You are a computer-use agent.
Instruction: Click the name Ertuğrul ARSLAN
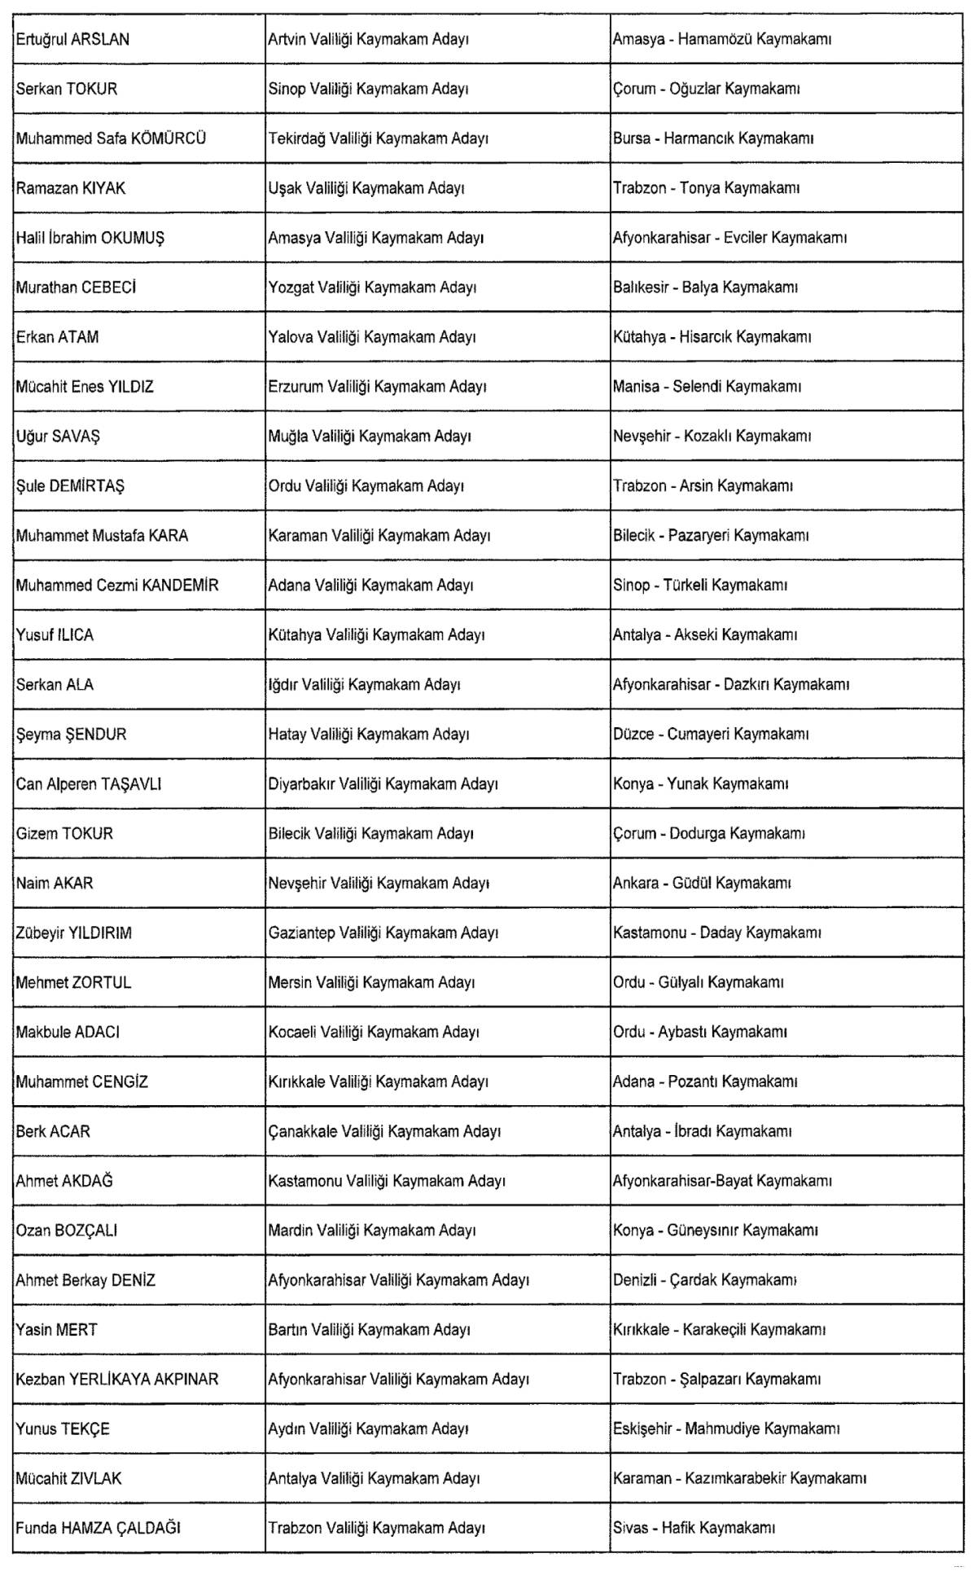[x=72, y=40]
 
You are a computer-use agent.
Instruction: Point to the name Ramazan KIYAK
[x=71, y=189]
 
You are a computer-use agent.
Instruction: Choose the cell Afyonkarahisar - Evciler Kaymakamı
[x=729, y=239]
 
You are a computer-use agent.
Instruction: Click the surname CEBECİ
[x=109, y=288]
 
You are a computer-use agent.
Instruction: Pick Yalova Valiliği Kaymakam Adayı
[x=371, y=338]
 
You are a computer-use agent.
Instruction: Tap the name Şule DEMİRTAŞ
[x=70, y=487]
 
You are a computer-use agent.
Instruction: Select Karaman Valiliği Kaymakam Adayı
[x=379, y=537]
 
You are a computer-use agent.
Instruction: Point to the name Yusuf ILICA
[x=55, y=636]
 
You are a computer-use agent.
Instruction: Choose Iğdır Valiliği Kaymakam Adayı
[x=364, y=686]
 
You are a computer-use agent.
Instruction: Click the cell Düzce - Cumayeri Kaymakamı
[x=710, y=735]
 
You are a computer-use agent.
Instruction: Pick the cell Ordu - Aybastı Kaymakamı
[x=699, y=1033]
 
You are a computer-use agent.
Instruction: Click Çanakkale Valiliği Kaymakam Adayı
[x=384, y=1133]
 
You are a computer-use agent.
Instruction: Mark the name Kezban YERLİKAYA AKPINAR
[x=117, y=1380]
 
